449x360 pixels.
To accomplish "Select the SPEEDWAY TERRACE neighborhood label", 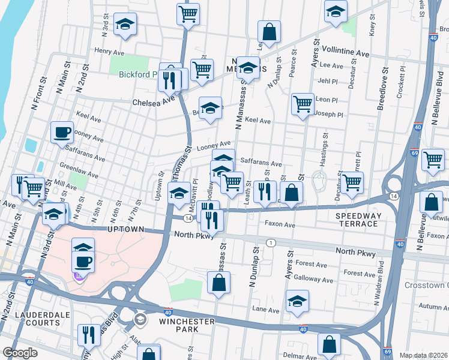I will tap(357, 220).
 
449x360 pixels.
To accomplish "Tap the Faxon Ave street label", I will tap(280, 224).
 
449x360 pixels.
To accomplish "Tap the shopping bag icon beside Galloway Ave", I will tap(218, 283).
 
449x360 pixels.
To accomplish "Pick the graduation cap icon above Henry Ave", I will tap(125, 24).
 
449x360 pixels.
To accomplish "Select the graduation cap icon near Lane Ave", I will tap(297, 302).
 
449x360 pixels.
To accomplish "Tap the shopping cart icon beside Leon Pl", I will tap(303, 103).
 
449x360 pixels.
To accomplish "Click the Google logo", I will tap(20, 353).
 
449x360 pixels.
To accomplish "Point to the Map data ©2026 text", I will tap(423, 355).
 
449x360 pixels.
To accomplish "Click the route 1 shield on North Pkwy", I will tap(271, 242).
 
